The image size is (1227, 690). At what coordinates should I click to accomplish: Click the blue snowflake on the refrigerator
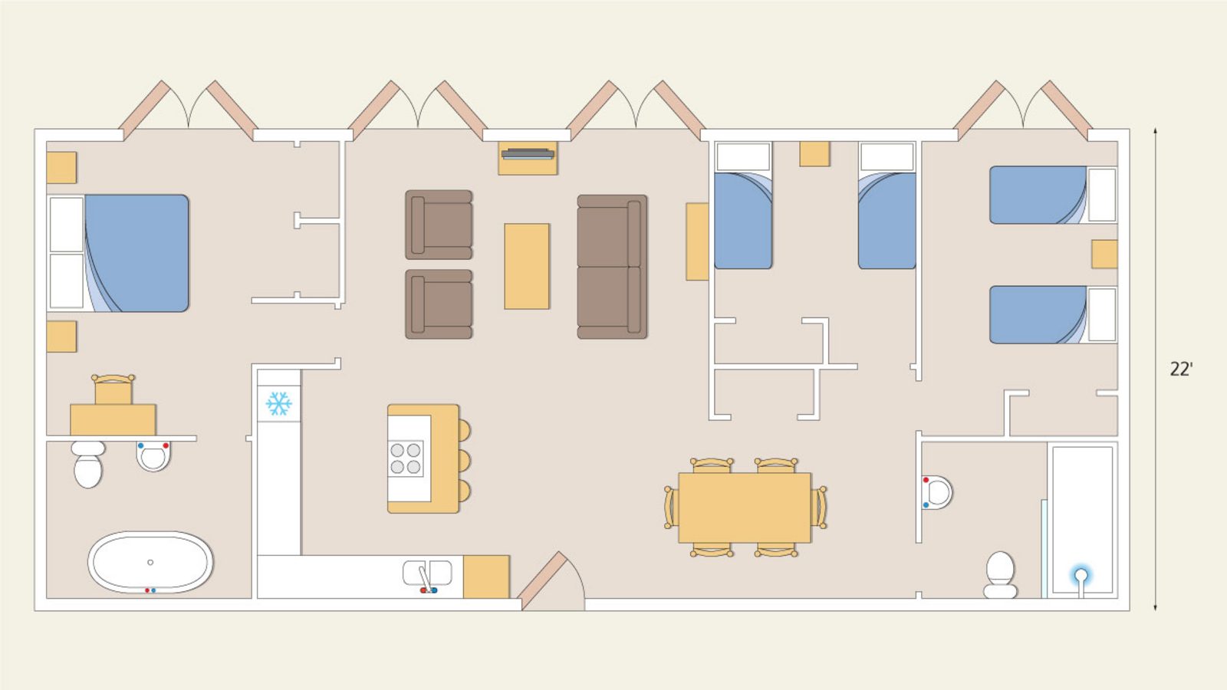tap(279, 403)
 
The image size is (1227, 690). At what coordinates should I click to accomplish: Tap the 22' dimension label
tap(1181, 370)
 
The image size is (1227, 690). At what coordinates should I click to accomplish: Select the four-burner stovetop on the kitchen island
tap(406, 458)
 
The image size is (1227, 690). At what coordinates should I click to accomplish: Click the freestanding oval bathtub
tap(150, 562)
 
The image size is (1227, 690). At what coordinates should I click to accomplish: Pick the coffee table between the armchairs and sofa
tap(527, 266)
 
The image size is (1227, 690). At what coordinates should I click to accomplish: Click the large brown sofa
tap(612, 267)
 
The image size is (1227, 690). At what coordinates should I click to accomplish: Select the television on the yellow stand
tap(528, 154)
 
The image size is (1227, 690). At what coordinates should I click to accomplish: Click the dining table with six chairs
tap(745, 508)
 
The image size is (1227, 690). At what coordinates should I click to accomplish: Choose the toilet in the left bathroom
tap(87, 464)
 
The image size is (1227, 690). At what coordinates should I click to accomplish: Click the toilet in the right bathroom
tap(1000, 575)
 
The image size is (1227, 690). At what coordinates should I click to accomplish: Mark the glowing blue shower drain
tap(1081, 576)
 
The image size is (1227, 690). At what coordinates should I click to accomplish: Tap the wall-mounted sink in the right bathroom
tap(937, 492)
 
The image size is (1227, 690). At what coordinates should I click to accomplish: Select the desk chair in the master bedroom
tap(113, 389)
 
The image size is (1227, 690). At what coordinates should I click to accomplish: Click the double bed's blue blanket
tap(137, 253)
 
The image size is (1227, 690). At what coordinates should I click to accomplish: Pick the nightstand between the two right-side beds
tap(1104, 254)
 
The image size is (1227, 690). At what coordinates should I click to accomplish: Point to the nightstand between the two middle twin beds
tap(814, 153)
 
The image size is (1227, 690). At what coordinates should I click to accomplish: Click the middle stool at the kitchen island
tap(463, 461)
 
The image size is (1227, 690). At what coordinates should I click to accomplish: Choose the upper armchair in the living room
tap(439, 225)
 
